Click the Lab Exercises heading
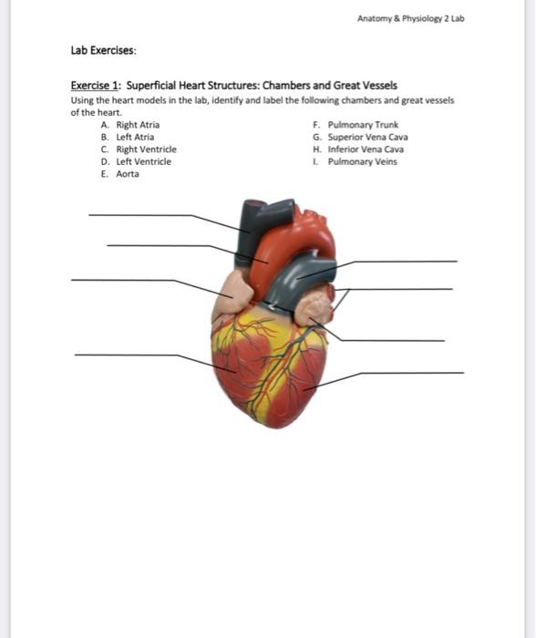point(102,51)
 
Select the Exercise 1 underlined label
point(95,84)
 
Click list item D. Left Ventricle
point(137,161)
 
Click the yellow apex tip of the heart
point(260,421)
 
